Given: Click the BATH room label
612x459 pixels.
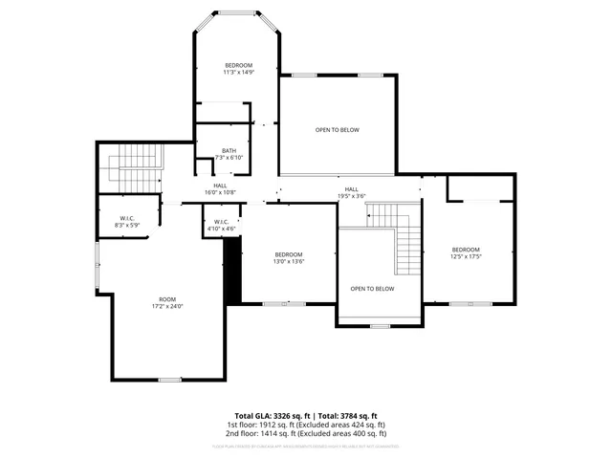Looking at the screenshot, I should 229,150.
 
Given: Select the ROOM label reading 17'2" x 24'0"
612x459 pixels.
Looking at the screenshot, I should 166,301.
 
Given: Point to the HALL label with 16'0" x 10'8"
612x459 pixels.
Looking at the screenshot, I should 220,186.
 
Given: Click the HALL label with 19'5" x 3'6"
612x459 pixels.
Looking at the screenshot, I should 352,189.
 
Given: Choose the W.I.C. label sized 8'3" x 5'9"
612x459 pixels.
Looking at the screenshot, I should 127,218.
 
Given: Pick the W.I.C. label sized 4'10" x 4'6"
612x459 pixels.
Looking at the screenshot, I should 219,226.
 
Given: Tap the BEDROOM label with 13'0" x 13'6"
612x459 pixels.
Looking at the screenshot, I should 289,254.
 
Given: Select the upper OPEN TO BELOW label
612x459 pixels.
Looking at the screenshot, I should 338,130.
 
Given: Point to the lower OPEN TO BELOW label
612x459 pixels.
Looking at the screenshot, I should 372,288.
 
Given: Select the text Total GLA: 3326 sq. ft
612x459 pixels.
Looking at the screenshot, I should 269,416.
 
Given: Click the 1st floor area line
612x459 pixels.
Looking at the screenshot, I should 306,425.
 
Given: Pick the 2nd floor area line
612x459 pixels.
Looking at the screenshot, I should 306,433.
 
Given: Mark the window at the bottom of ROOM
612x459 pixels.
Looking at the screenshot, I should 170,380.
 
